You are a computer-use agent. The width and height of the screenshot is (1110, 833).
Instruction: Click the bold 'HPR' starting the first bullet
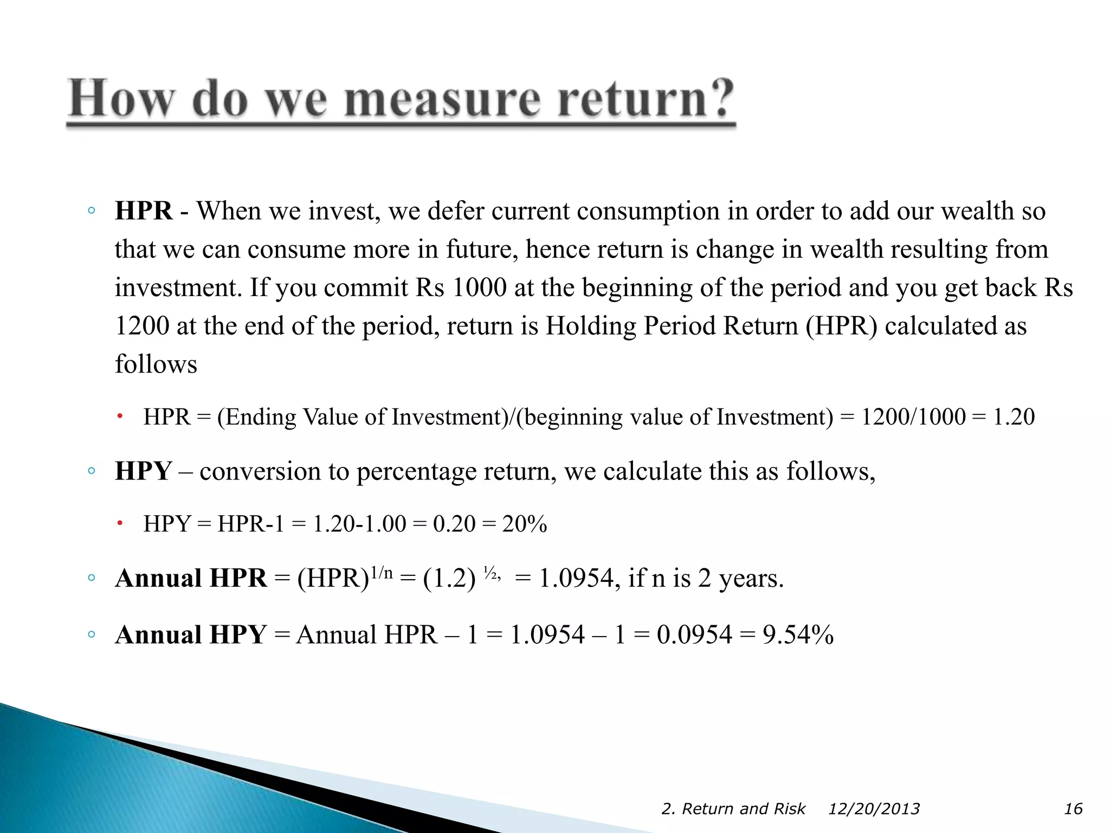[144, 211]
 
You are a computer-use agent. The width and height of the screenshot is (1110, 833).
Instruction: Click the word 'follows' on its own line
[156, 364]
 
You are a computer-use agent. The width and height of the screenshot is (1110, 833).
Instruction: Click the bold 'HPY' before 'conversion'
[144, 471]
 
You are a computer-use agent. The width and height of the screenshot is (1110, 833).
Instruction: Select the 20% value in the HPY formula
[525, 524]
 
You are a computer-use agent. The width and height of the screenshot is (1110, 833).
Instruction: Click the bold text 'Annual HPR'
[191, 578]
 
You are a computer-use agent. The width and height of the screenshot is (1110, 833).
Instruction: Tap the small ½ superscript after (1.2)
[490, 573]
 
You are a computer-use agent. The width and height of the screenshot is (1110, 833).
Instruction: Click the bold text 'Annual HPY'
[191, 635]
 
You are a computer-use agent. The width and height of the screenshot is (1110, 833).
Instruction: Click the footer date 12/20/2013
[874, 809]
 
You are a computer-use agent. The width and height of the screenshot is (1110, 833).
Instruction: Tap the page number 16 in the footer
[1073, 809]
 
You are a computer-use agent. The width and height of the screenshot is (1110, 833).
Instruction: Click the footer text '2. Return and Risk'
[733, 809]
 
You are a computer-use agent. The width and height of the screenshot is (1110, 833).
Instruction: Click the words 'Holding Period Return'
[672, 326]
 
